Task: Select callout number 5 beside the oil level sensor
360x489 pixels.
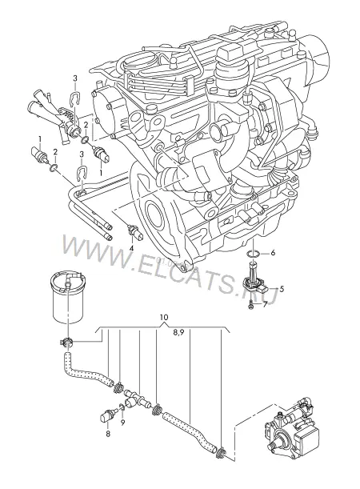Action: (x=282, y=289)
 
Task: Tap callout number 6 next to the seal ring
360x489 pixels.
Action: (x=273, y=253)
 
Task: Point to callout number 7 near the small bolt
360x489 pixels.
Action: (x=265, y=305)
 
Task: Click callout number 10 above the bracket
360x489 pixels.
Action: (x=164, y=317)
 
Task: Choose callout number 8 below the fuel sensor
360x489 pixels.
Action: (x=108, y=434)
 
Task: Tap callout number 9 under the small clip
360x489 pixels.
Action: (x=123, y=423)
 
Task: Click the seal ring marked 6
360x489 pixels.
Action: (x=253, y=255)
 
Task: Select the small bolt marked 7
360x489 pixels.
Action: (x=251, y=306)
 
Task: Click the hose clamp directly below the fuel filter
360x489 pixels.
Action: (x=66, y=343)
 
